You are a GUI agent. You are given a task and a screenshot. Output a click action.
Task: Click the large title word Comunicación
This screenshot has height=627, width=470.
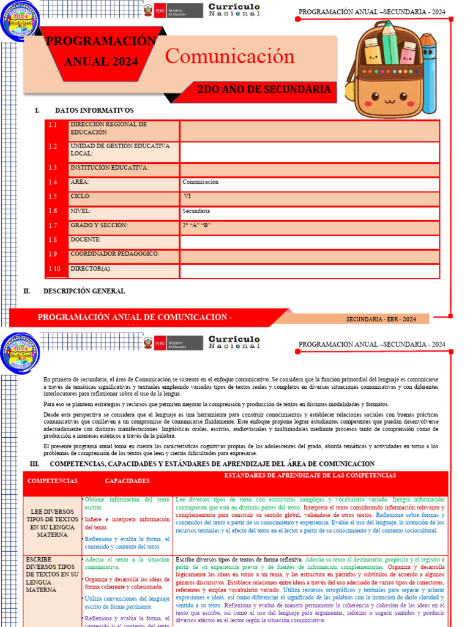(229, 56)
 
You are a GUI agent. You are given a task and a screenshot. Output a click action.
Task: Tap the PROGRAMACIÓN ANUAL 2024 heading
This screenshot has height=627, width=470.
(101, 51)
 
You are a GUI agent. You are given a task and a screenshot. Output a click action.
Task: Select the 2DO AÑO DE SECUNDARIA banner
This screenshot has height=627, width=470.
(264, 90)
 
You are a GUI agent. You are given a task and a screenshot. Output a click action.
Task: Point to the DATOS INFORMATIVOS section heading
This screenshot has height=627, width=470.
(94, 110)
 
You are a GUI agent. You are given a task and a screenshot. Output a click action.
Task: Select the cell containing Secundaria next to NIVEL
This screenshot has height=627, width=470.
(309, 211)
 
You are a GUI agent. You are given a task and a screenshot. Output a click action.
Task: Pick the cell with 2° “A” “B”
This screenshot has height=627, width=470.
(309, 225)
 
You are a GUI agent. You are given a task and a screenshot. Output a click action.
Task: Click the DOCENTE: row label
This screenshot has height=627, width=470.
(86, 239)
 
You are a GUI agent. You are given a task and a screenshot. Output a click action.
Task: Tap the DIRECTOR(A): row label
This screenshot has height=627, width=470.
(91, 268)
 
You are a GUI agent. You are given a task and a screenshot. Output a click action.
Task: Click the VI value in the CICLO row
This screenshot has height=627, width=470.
(188, 197)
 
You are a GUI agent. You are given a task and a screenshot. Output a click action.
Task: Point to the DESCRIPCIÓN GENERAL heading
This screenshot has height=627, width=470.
(84, 291)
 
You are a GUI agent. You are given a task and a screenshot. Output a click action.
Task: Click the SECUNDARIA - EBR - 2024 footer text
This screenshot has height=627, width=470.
(381, 319)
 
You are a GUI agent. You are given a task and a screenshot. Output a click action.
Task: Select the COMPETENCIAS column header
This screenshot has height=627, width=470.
(52, 481)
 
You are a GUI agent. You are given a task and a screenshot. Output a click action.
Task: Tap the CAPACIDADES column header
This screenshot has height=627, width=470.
(127, 481)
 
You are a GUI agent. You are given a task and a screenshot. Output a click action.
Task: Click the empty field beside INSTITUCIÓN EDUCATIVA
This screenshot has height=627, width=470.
(309, 168)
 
